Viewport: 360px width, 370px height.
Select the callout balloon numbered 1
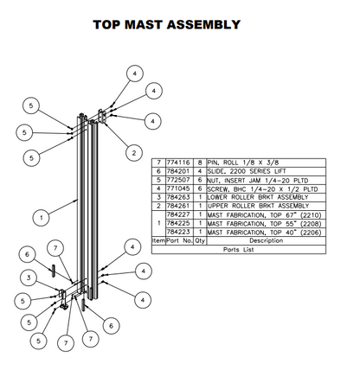pos(41,217)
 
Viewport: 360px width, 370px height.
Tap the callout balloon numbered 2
pos(133,152)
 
